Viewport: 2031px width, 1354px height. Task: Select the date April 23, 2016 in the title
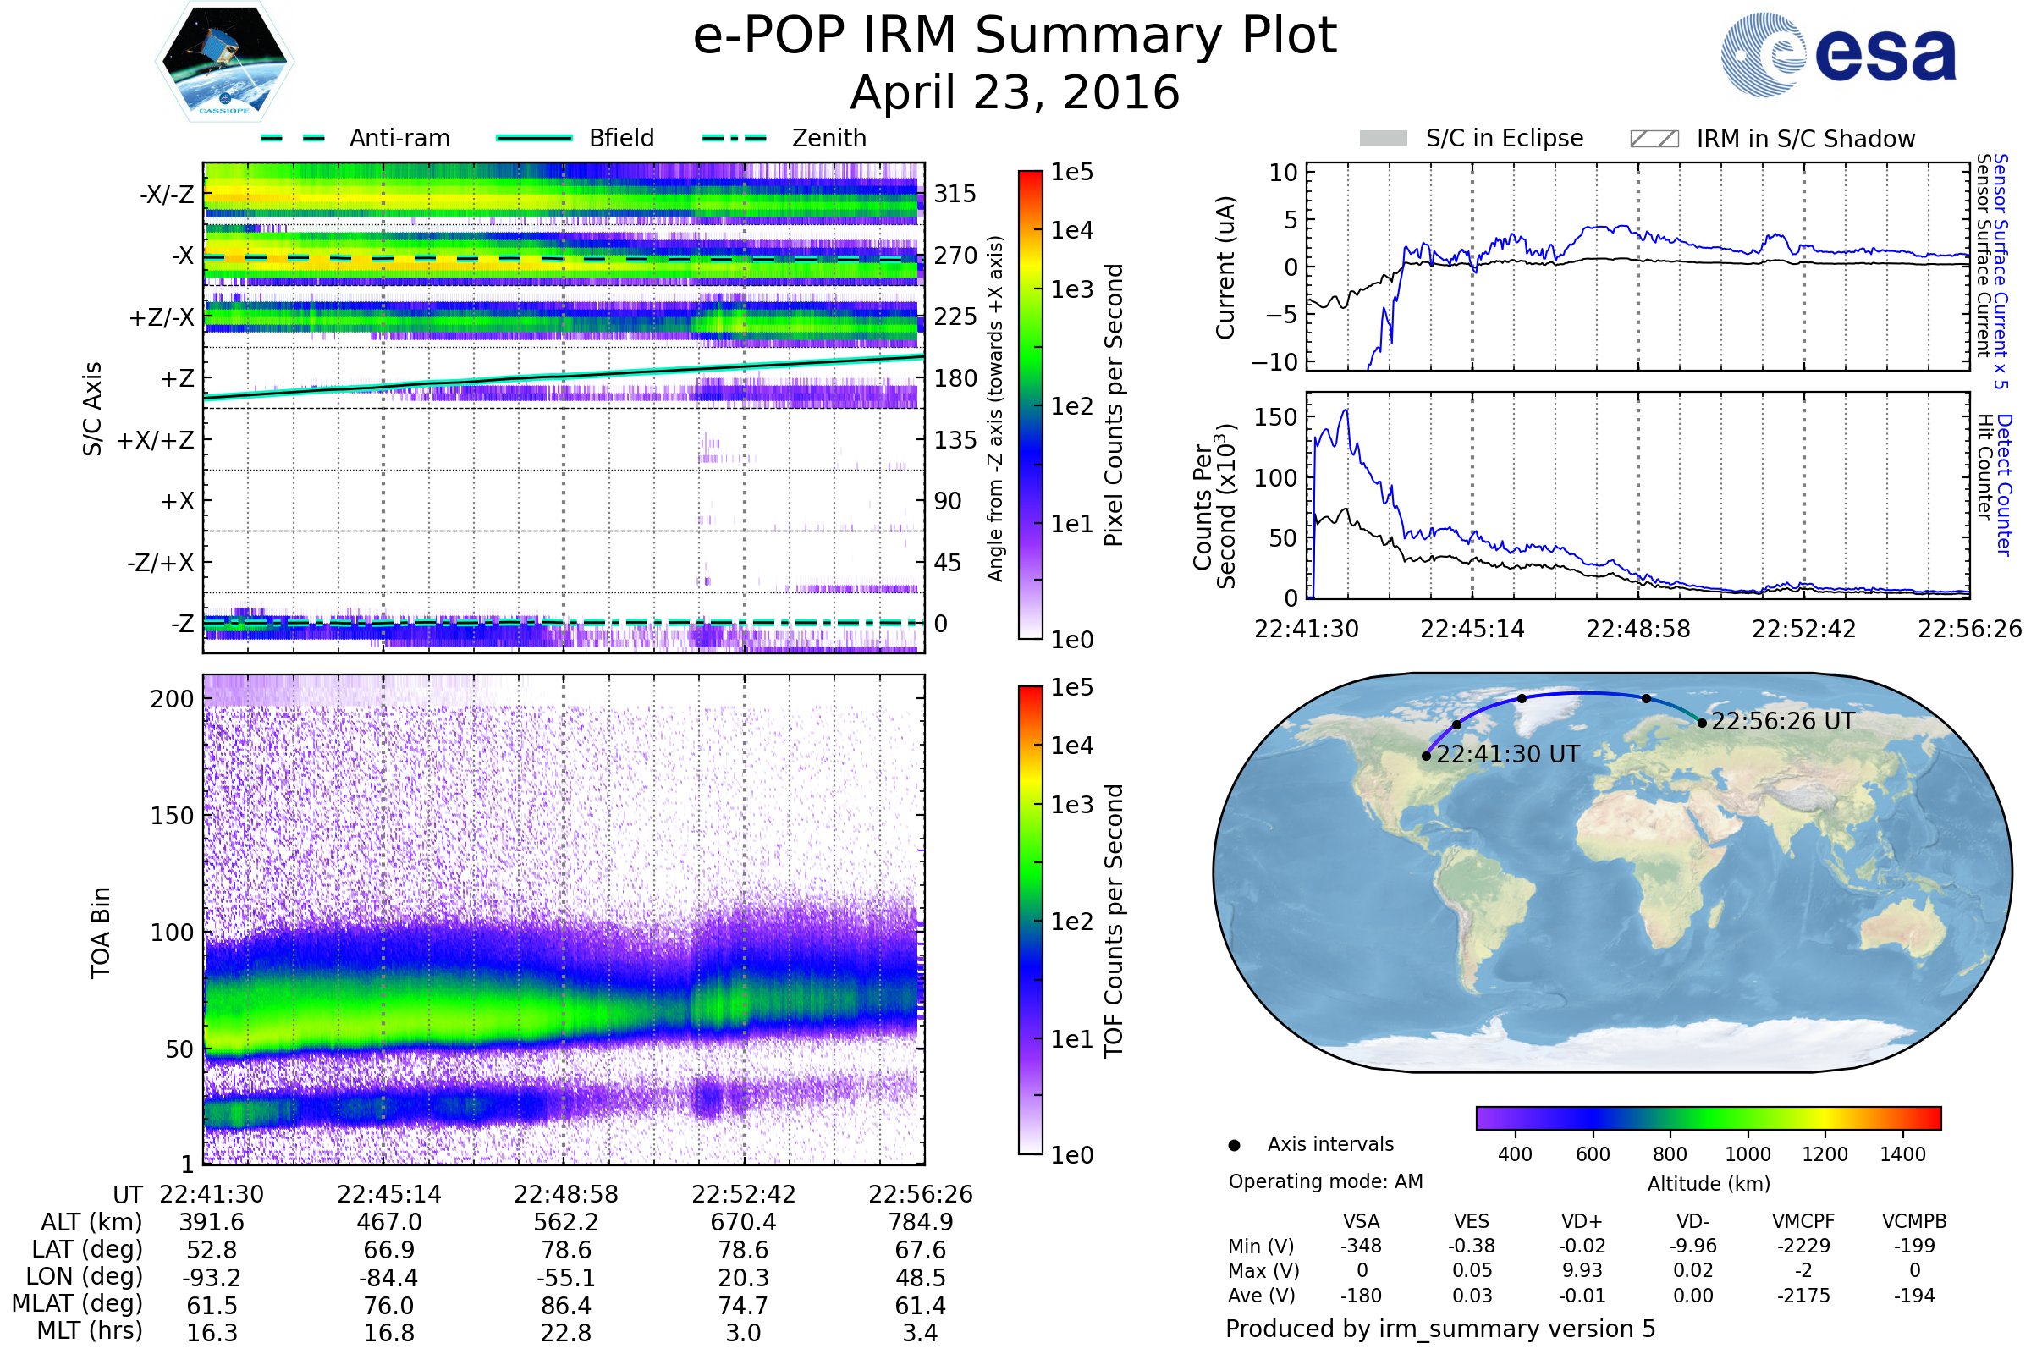pyautogui.click(x=1015, y=93)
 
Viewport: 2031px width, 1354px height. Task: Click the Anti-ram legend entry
pyautogui.click(x=399, y=138)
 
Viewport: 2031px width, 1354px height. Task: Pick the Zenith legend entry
pyautogui.click(x=828, y=138)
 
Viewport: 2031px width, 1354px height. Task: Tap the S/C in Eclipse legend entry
pyautogui.click(x=1504, y=138)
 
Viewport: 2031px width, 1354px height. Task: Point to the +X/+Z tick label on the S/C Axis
pyautogui.click(x=156, y=440)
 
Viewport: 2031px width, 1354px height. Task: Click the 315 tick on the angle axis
pyautogui.click(x=955, y=194)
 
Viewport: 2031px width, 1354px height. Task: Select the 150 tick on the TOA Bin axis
pyautogui.click(x=172, y=816)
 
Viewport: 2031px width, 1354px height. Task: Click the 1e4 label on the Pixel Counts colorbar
pyautogui.click(x=1071, y=230)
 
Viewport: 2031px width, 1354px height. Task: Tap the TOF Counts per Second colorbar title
pyautogui.click(x=1114, y=921)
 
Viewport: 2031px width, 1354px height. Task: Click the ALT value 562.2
pyautogui.click(x=565, y=1223)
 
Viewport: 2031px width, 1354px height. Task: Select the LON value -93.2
pyautogui.click(x=212, y=1278)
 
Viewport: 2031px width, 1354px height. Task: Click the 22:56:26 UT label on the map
pyautogui.click(x=1782, y=722)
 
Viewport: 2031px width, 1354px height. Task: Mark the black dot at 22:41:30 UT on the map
pyautogui.click(x=1427, y=757)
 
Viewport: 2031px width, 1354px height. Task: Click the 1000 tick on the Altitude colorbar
pyautogui.click(x=1747, y=1154)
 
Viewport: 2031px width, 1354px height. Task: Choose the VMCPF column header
pyautogui.click(x=1803, y=1222)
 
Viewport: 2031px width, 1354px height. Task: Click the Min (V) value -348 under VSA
pyautogui.click(x=1361, y=1246)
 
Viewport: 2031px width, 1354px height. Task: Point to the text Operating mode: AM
pyautogui.click(x=1325, y=1181)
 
